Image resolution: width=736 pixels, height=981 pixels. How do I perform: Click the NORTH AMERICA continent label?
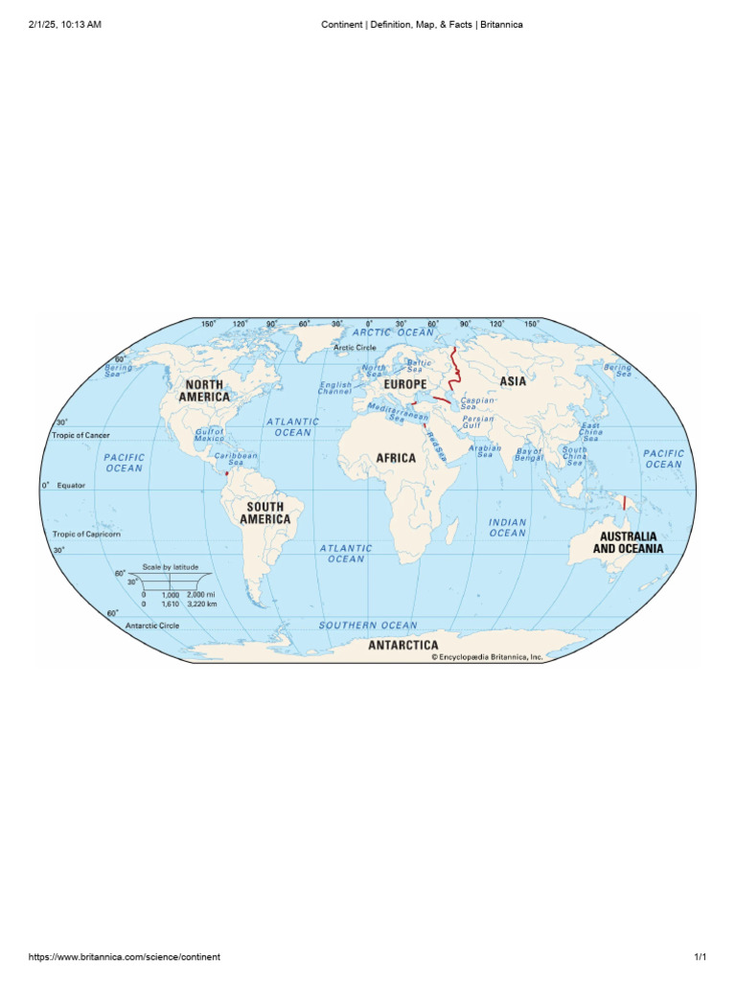pos(204,391)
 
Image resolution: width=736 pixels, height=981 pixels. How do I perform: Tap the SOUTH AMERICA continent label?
pos(264,513)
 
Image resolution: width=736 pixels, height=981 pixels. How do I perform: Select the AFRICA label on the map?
pos(396,458)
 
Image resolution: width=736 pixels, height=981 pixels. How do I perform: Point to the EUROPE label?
pos(404,384)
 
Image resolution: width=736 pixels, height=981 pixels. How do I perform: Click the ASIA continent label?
pos(513,381)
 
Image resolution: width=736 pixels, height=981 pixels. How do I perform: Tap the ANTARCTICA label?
pos(403,645)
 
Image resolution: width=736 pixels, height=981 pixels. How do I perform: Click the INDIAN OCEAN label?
pos(508,528)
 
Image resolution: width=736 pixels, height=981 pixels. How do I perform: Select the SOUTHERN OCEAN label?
pos(368,626)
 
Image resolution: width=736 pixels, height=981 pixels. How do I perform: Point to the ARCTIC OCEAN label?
pos(395,332)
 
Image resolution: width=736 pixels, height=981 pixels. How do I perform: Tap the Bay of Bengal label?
pos(529,454)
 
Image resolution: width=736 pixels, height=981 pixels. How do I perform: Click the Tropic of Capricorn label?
pos(87,534)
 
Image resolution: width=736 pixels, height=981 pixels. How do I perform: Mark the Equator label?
pos(71,486)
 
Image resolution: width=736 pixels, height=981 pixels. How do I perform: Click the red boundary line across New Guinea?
pos(624,501)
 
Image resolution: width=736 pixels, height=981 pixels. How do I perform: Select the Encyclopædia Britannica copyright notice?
pos(487,657)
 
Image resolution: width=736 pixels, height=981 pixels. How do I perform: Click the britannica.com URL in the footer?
pos(125,957)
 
